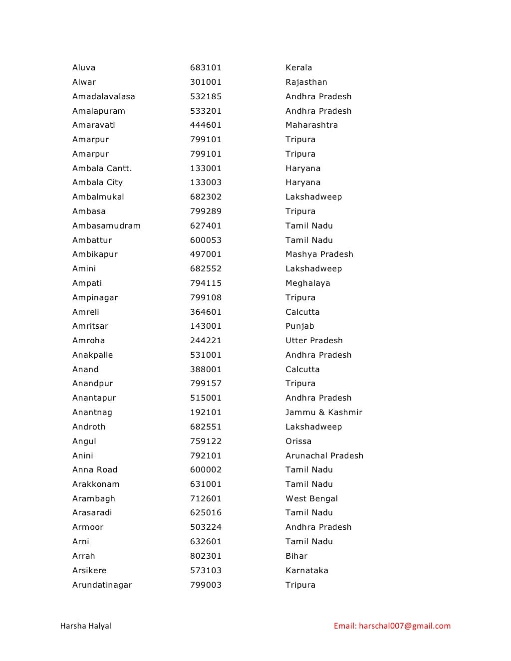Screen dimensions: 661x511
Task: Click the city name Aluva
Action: click(x=84, y=68)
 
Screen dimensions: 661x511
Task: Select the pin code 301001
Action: click(x=206, y=82)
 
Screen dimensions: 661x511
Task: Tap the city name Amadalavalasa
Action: click(x=104, y=97)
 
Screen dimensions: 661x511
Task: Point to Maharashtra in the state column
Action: click(x=311, y=125)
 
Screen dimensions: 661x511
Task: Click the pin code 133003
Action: click(x=206, y=183)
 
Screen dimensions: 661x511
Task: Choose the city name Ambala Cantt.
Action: click(x=102, y=169)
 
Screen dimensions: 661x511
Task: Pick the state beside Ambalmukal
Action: click(x=313, y=197)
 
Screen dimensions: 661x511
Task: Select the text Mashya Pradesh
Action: click(x=319, y=254)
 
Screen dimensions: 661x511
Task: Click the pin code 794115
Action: click(x=206, y=283)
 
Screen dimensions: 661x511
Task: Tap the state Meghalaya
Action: click(x=307, y=283)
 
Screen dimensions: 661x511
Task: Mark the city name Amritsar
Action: click(x=90, y=326)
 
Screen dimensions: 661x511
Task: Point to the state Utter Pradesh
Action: click(x=314, y=341)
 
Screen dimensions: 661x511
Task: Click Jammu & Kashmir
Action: click(x=324, y=413)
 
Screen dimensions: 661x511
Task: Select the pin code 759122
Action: click(x=206, y=441)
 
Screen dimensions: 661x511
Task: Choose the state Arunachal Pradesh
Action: click(x=324, y=456)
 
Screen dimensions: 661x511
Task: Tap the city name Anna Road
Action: click(x=95, y=470)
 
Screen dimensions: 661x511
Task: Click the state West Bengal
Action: click(x=311, y=499)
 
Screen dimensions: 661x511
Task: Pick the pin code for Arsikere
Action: click(x=206, y=571)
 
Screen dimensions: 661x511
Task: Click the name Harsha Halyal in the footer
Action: click(x=85, y=626)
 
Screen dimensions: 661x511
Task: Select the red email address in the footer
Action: click(x=392, y=626)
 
